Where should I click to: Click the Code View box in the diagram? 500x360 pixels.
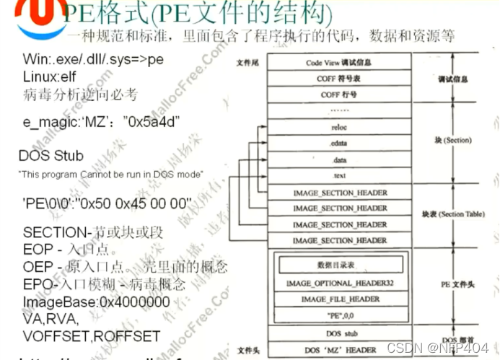(x=338, y=63)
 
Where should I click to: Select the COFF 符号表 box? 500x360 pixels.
(x=338, y=79)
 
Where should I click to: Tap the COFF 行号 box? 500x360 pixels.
(x=338, y=95)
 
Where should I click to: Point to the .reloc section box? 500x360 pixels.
(x=338, y=127)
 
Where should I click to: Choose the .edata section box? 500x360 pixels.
(x=338, y=143)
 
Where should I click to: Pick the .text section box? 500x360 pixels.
(x=338, y=175)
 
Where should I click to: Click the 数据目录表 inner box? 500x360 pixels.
(x=338, y=265)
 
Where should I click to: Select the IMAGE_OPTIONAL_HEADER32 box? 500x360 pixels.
(x=338, y=283)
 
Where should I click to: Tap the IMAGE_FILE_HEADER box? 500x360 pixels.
(x=338, y=299)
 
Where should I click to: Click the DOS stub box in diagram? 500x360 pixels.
(x=338, y=334)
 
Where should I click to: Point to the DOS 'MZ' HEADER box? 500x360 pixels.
(x=338, y=350)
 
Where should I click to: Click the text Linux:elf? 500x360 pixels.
(x=53, y=77)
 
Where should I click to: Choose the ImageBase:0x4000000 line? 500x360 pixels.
(x=96, y=302)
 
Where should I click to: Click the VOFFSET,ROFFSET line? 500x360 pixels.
(x=91, y=335)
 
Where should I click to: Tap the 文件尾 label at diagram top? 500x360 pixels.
(x=248, y=63)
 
